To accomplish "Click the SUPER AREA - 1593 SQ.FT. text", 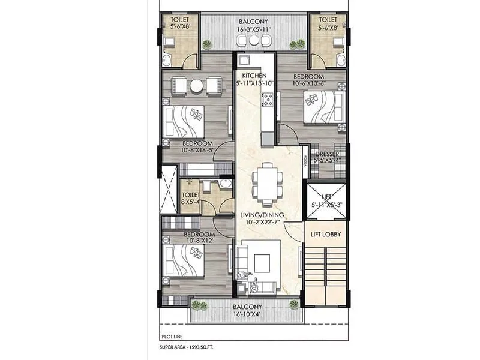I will click(x=190, y=348).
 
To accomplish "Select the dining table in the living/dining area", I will click(x=265, y=181).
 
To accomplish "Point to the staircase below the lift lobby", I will click(x=325, y=273).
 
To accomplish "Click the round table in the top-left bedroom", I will click(x=196, y=86).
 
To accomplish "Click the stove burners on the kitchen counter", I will click(x=267, y=100).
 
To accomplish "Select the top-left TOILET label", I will click(x=178, y=19).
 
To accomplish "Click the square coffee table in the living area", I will click(x=262, y=262).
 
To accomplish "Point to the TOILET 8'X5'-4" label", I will click(x=191, y=199).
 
